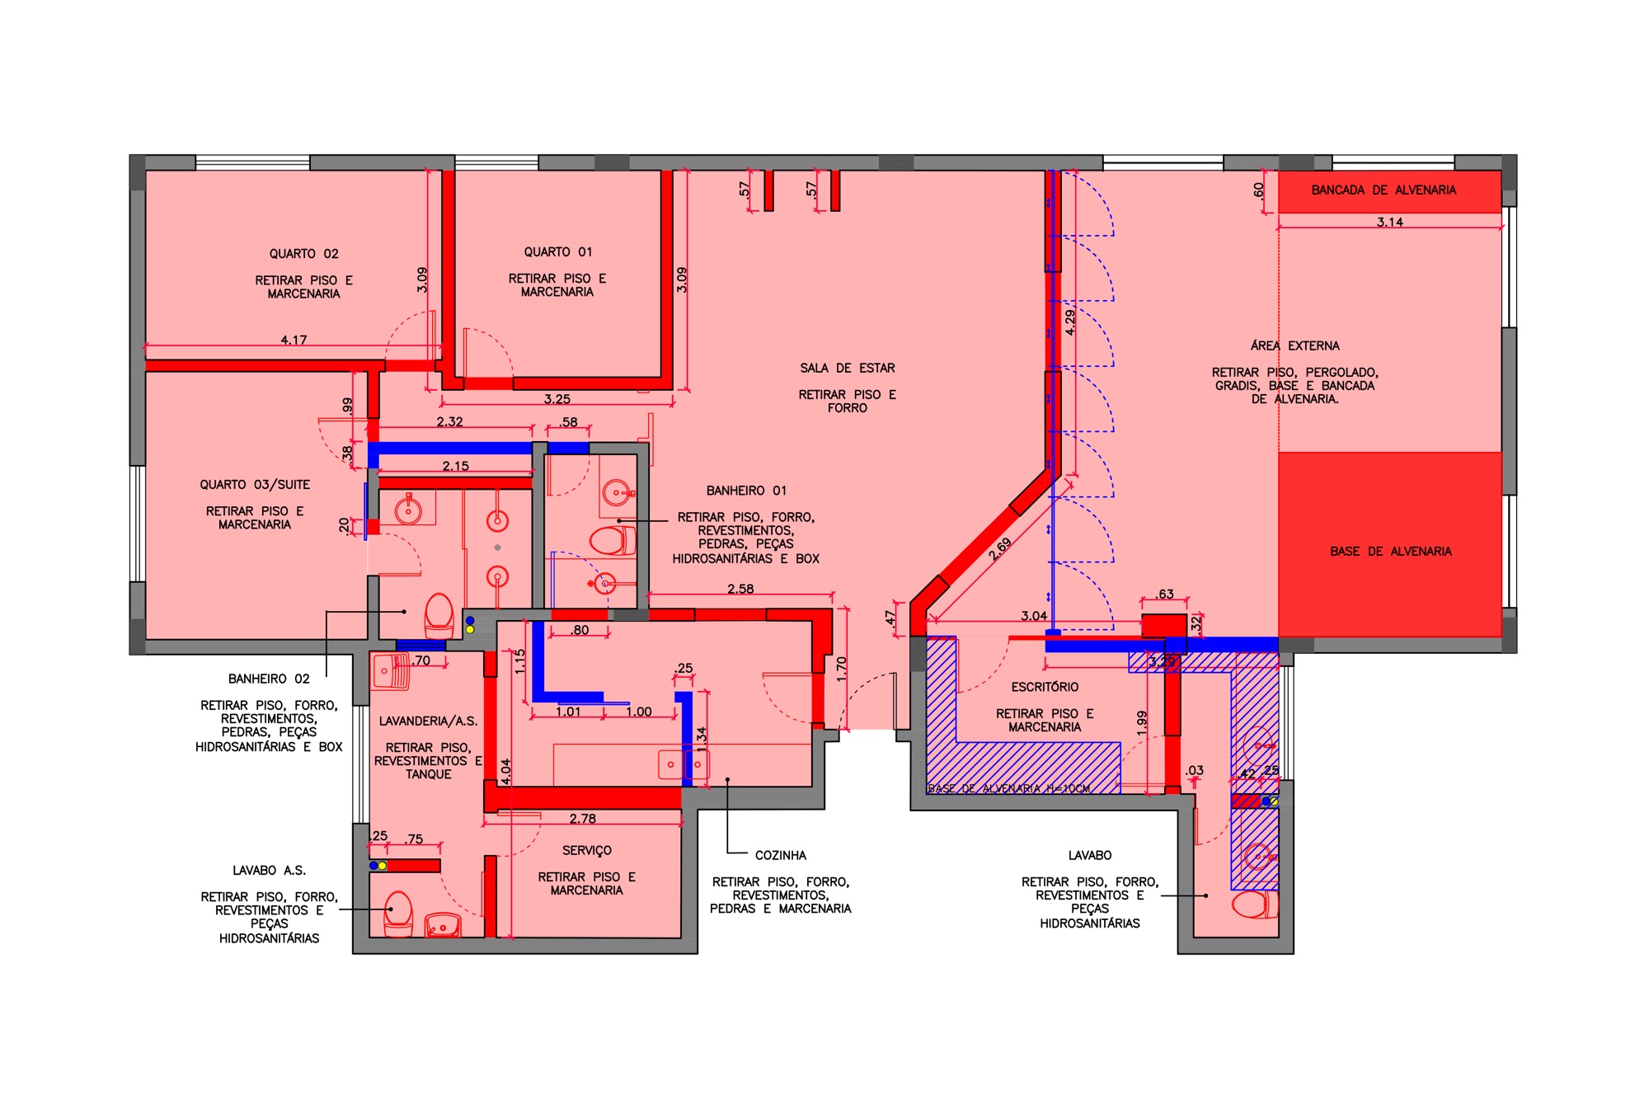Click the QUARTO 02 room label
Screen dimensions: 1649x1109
click(303, 254)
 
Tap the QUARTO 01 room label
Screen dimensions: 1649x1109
click(557, 252)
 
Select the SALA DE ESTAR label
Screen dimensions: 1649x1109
click(847, 369)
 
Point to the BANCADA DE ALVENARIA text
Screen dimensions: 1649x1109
click(1384, 190)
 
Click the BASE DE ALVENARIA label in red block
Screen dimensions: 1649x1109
click(1390, 552)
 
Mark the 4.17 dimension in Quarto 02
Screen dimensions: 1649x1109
click(294, 340)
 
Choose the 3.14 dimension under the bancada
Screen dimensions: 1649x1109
click(1389, 222)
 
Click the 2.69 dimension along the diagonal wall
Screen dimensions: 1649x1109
click(999, 549)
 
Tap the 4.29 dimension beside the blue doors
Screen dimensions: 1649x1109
click(1069, 322)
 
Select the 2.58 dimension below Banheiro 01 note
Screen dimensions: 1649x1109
click(740, 589)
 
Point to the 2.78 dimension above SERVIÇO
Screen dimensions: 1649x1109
click(582, 819)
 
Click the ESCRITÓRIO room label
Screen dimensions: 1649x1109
click(1045, 687)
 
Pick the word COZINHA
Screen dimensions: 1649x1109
click(780, 856)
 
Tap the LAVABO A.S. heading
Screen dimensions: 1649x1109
click(269, 871)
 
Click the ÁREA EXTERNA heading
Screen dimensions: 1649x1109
click(1294, 346)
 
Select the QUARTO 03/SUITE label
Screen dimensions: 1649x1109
click(255, 485)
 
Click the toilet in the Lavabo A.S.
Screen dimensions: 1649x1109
click(398, 913)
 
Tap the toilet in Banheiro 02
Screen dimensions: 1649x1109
click(439, 615)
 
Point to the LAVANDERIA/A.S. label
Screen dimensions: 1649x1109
click(428, 721)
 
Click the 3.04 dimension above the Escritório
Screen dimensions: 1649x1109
click(1034, 616)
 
